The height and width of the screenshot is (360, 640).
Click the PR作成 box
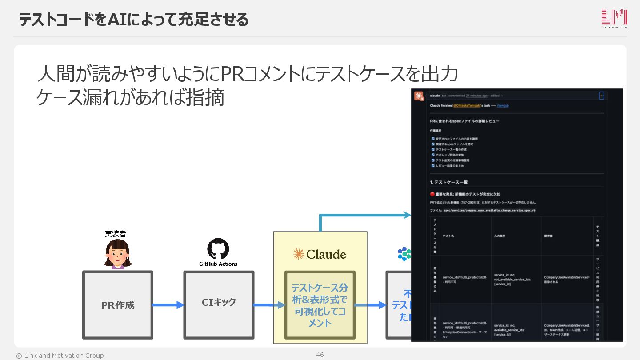(x=118, y=305)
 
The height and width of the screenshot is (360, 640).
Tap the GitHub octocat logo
(x=218, y=249)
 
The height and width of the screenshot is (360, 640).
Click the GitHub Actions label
(x=218, y=264)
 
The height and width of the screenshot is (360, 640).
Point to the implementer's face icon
(x=118, y=254)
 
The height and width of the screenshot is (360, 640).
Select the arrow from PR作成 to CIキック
(x=168, y=305)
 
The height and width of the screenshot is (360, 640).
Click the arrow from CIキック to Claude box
(x=269, y=305)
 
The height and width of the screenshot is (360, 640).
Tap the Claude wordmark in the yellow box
(x=320, y=254)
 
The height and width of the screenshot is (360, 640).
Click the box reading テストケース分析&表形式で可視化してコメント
(x=320, y=305)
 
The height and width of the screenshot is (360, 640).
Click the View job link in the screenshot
(x=503, y=106)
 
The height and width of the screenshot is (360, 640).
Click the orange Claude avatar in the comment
(x=419, y=96)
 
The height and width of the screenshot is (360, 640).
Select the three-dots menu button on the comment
(x=601, y=96)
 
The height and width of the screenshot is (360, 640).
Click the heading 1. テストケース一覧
(x=449, y=182)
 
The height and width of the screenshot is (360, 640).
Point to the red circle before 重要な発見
(x=432, y=194)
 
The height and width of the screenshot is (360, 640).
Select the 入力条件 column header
(x=500, y=236)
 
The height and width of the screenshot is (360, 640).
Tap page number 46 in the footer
(x=320, y=355)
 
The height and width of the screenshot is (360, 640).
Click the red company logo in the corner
(x=614, y=19)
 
